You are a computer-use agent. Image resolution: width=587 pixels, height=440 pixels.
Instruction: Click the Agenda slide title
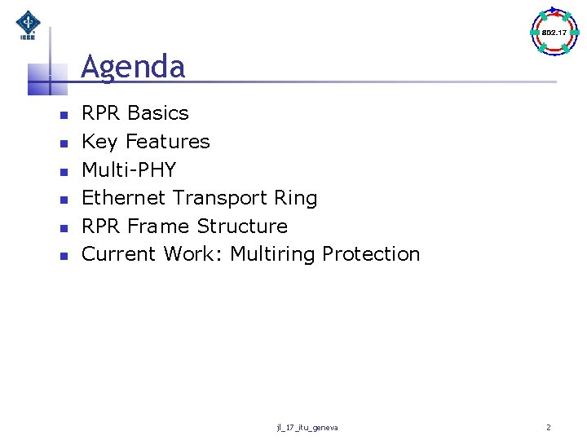tap(133, 67)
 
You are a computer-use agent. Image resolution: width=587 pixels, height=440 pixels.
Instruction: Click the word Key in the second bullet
tap(99, 142)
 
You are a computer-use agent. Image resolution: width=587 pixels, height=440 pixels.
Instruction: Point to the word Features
tap(167, 142)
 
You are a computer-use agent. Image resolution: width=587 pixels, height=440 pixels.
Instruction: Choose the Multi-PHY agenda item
tap(129, 169)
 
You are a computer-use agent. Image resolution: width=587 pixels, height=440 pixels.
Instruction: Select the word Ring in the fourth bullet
tap(297, 198)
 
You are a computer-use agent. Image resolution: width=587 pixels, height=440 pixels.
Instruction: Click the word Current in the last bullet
tap(119, 254)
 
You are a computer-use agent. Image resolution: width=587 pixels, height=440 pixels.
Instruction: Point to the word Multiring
tap(273, 254)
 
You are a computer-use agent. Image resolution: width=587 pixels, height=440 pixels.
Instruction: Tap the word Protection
tap(371, 254)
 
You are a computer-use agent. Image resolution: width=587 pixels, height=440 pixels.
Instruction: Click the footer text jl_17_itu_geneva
tap(307, 428)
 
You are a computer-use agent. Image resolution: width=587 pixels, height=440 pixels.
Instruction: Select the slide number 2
tap(549, 427)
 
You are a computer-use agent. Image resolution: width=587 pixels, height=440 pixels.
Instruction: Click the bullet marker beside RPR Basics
tap(62, 114)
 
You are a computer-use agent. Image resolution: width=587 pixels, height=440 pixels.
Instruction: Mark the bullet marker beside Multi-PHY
tap(62, 170)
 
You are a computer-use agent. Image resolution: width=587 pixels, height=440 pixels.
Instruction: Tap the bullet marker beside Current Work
tap(62, 255)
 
